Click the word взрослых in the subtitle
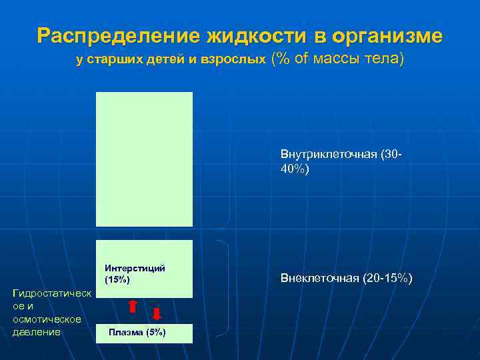(x=233, y=60)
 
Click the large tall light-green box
(x=144, y=159)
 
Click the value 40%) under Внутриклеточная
(x=295, y=169)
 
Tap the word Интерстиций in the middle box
(x=135, y=268)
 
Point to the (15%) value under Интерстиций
(x=117, y=279)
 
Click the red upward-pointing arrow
(x=133, y=306)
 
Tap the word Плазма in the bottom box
(x=123, y=333)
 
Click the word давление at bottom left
(x=37, y=331)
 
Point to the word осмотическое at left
(x=47, y=319)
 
